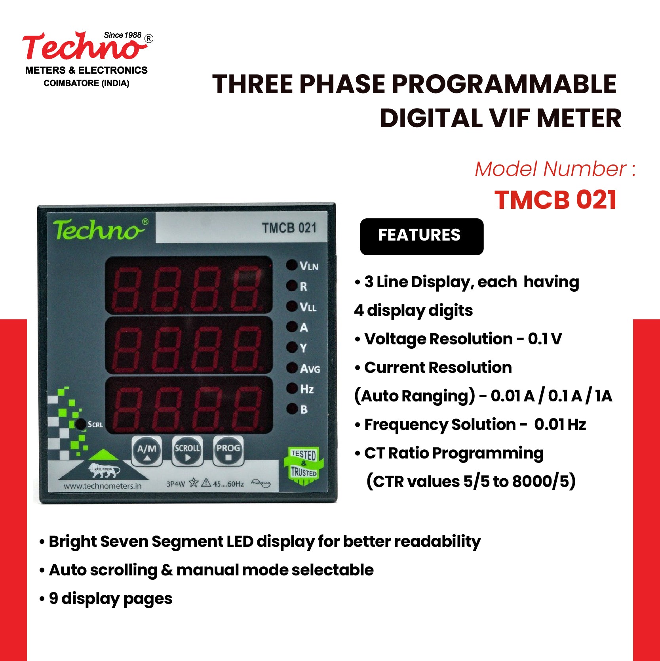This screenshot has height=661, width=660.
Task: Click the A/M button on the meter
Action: coord(146,451)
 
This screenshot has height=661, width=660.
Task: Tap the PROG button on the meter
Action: coord(228,451)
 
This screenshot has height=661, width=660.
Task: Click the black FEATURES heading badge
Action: coord(421,236)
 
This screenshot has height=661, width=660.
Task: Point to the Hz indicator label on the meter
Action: coord(307,389)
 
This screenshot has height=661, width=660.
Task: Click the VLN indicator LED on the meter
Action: coord(292,265)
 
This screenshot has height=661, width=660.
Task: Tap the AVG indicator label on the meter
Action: coord(310,369)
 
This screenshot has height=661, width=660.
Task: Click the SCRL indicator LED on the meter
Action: coord(80,424)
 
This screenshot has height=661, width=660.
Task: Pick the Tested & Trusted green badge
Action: coord(304,465)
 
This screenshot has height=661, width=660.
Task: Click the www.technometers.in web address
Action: coord(103,486)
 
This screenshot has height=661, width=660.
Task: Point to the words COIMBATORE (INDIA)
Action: coord(86,83)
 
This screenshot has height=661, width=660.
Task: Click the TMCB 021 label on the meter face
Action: coord(289,228)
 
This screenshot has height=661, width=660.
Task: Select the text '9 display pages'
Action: coord(110,598)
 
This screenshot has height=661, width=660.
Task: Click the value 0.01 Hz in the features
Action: coord(560,424)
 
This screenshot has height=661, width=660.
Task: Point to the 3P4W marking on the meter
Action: coord(175,484)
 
